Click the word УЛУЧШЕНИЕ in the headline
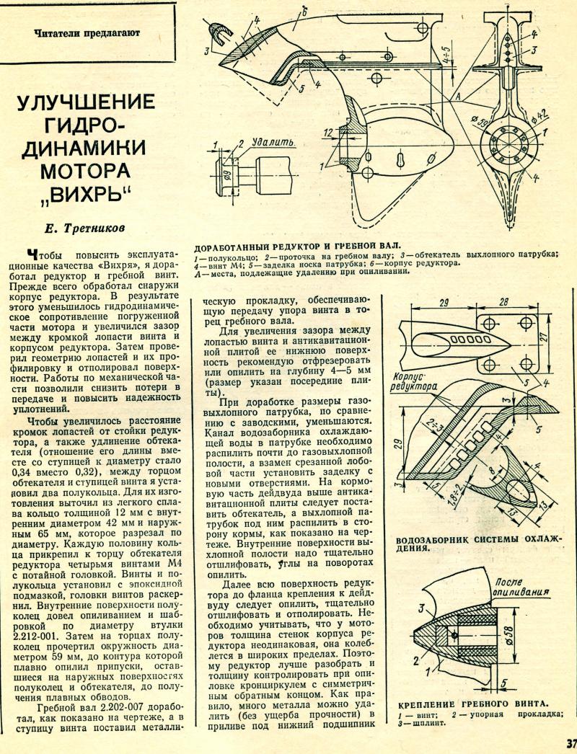86,100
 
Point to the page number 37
571,743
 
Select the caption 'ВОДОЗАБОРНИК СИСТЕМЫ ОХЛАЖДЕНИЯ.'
480,543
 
